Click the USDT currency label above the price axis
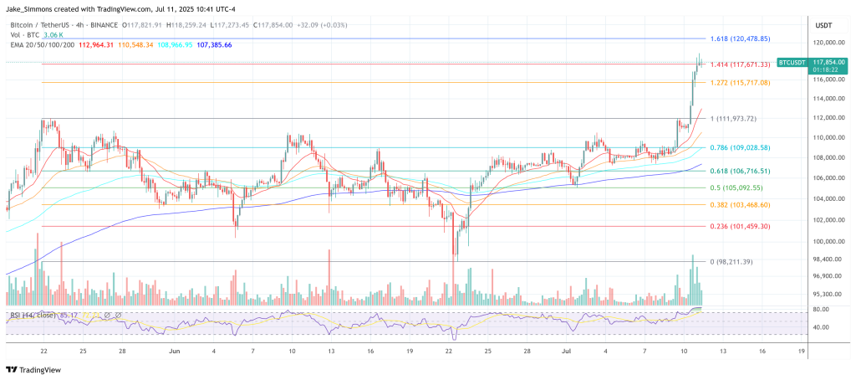[823, 25]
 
